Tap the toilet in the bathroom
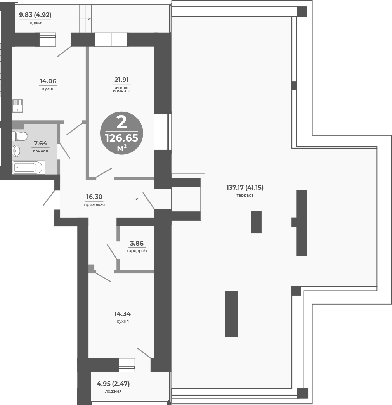coord(20,136)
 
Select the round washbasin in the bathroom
coord(16,151)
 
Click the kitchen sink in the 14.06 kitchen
coord(17,106)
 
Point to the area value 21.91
coord(121,80)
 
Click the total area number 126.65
coord(121,138)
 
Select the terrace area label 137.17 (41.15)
coord(245,188)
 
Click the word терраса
coord(245,195)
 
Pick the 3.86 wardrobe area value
coord(137,243)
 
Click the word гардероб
coord(137,251)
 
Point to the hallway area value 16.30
coord(94,197)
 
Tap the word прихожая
coord(94,204)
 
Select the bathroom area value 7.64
coord(40,144)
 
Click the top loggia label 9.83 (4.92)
coord(35,15)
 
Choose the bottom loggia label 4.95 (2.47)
coord(113,384)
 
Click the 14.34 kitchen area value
coord(122,314)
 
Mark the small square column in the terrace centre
coord(256,222)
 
